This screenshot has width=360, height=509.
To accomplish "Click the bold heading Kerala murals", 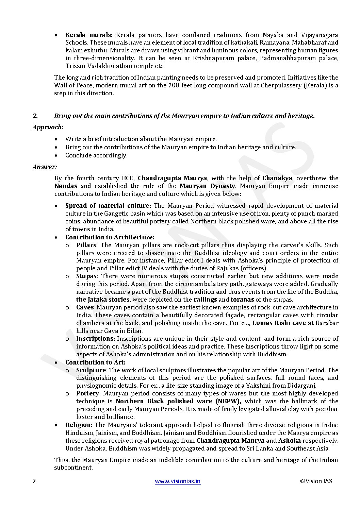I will click(x=89, y=35).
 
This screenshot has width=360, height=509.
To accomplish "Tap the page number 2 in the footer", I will click(x=34, y=481).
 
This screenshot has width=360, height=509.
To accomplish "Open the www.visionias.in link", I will click(x=178, y=481).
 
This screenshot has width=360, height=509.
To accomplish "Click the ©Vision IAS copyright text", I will click(x=316, y=481).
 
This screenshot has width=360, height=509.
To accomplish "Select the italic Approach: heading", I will click(x=48, y=127).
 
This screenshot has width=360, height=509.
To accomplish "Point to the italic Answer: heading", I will click(x=45, y=167).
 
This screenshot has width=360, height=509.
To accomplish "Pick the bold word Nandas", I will click(x=66, y=186).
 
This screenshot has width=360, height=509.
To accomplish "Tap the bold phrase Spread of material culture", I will click(x=107, y=206).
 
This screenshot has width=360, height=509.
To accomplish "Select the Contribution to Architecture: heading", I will click(x=110, y=237).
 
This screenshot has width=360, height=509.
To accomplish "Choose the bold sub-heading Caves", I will click(x=85, y=307).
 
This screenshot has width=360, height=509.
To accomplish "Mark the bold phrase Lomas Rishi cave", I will click(x=279, y=323).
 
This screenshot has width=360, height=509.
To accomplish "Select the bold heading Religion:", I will click(x=79, y=425).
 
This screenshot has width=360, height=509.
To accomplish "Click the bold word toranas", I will click(x=243, y=300).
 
